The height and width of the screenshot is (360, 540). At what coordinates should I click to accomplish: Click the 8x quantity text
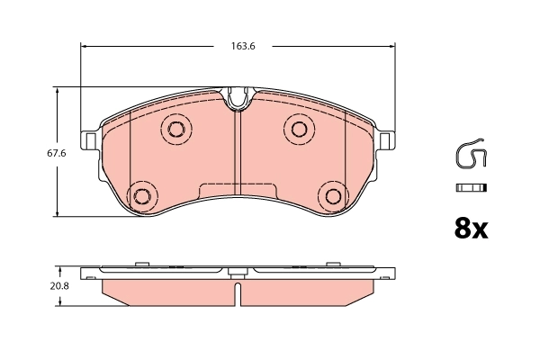470,229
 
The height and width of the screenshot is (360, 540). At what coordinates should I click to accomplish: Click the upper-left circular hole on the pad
175,128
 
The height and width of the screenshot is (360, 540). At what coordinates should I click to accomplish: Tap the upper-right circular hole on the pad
299,128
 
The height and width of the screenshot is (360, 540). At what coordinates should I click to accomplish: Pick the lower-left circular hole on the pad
141,195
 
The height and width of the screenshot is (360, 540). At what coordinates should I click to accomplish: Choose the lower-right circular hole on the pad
334,195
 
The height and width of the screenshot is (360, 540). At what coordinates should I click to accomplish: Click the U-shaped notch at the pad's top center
238,97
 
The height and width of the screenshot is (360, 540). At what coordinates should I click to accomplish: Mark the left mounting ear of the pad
90,141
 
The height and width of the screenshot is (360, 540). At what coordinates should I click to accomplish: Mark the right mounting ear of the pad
386,141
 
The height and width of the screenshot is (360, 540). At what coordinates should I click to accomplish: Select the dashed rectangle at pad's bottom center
238,192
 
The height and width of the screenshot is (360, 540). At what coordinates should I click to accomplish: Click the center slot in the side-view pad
237,294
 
